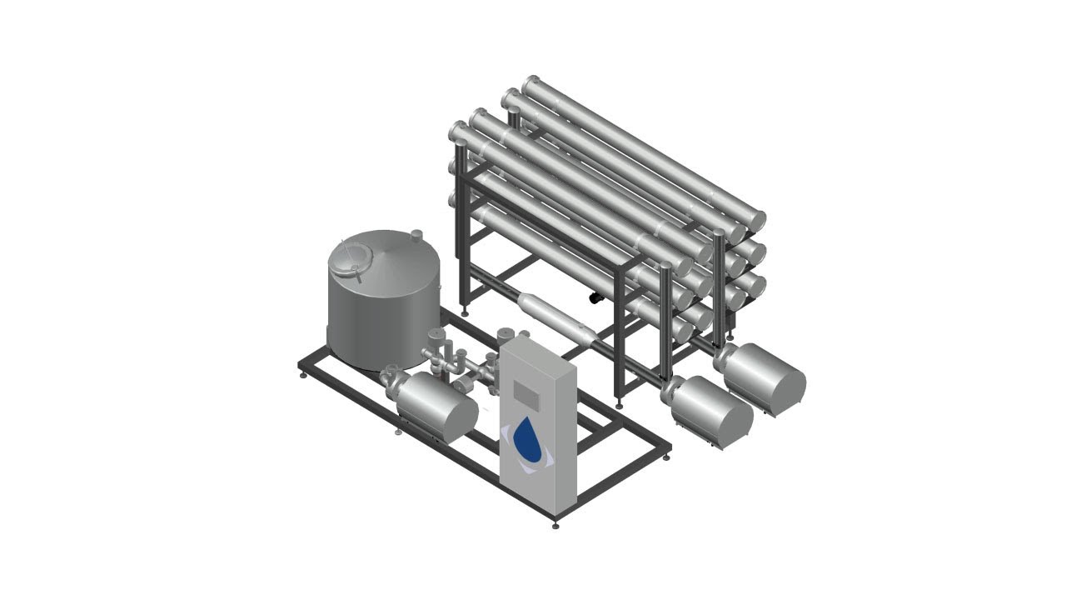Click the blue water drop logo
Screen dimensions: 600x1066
pos(526,439)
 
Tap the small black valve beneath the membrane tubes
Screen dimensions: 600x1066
pos(596,297)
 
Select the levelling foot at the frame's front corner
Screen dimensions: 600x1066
pos(555,525)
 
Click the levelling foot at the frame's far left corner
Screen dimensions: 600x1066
pos(301,376)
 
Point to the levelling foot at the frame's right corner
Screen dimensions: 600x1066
pos(668,456)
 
